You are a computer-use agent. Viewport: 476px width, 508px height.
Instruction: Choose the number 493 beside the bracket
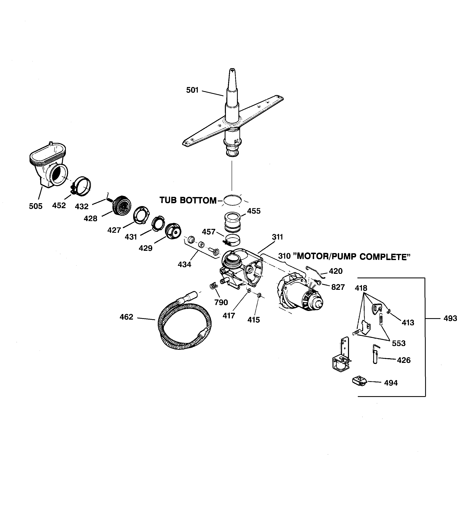450,318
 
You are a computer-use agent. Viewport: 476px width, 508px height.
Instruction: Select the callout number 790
221,303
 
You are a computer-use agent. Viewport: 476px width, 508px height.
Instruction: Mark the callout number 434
184,265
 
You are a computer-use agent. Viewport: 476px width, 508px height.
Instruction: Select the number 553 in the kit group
399,343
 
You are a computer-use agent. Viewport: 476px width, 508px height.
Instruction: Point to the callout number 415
253,320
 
